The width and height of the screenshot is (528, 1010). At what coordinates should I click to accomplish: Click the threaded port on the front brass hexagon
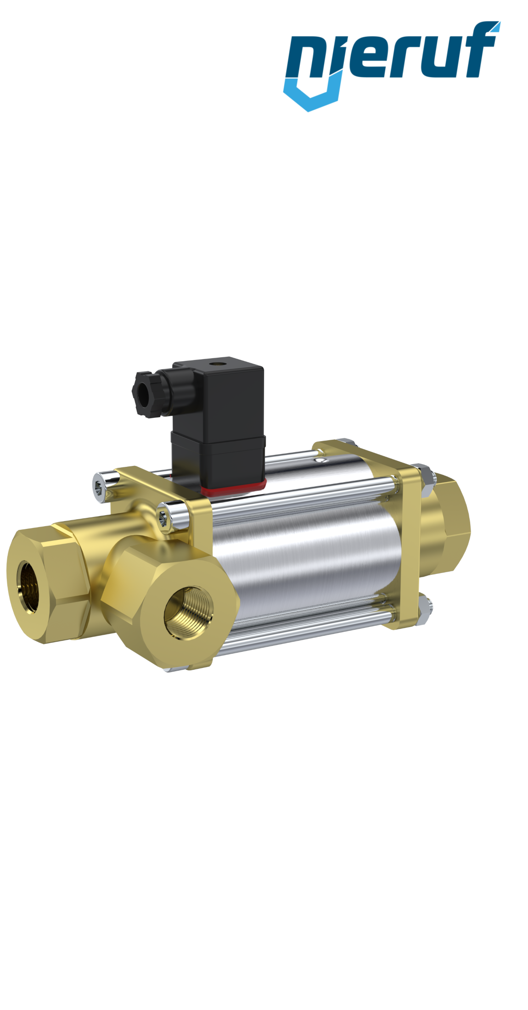(189, 612)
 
